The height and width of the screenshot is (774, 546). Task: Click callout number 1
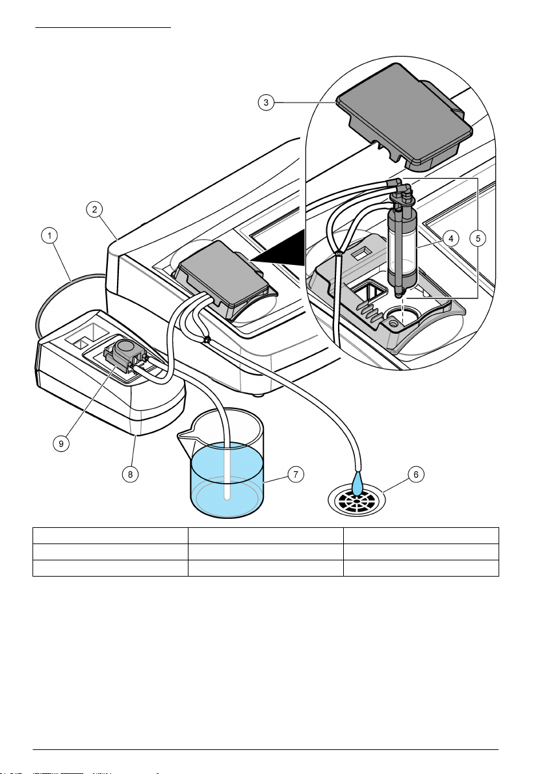[x=49, y=236]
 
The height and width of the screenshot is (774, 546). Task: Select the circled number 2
[x=94, y=209]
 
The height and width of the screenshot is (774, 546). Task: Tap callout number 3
[x=266, y=102]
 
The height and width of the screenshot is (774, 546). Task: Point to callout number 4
[x=450, y=238]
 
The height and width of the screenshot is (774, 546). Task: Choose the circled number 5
[x=478, y=238]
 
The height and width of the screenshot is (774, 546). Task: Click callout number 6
[x=416, y=475]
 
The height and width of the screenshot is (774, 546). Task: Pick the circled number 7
[x=296, y=475]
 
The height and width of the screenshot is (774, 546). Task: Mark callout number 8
[x=131, y=475]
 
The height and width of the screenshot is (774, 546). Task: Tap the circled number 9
[x=61, y=443]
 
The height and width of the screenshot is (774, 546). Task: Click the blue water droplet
[x=357, y=484]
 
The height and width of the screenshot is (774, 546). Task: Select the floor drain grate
[x=356, y=500]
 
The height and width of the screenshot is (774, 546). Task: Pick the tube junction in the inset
[x=338, y=253]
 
